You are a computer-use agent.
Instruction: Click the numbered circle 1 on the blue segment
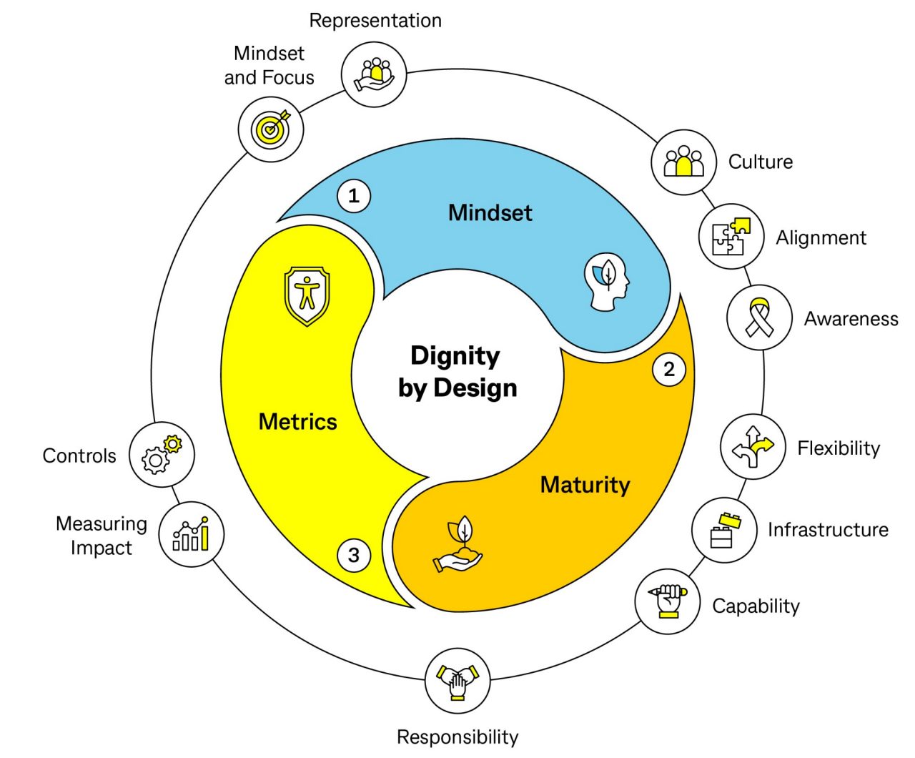353,196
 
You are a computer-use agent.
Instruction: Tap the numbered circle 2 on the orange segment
669,369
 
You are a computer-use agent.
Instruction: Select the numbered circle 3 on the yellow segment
353,555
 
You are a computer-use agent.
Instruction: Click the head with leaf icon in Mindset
607,281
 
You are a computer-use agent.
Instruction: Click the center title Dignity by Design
457,371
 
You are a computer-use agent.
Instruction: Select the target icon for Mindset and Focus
271,129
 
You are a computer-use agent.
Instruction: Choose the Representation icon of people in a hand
374,74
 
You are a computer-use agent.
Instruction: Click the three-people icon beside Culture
683,162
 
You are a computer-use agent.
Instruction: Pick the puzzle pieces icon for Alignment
731,237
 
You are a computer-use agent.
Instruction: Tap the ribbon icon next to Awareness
759,318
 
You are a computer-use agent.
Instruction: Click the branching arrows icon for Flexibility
753,447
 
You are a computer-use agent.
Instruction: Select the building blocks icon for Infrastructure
724,530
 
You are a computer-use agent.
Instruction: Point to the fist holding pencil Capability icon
668,601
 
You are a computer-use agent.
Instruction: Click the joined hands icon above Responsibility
457,681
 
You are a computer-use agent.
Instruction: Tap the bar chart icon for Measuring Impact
191,534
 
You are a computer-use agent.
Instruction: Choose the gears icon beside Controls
162,455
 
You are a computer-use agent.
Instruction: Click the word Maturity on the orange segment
585,485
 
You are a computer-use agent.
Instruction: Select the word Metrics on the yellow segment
297,422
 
